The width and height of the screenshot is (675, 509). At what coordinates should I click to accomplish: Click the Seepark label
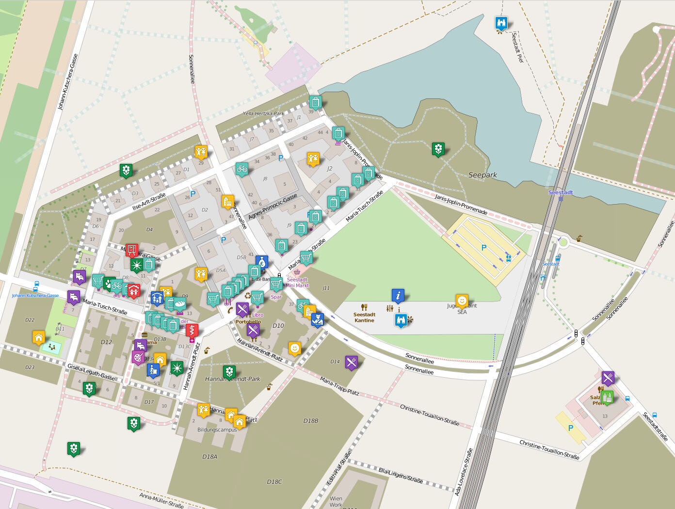point(482,175)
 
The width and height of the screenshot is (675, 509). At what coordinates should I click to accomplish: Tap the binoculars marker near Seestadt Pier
point(501,22)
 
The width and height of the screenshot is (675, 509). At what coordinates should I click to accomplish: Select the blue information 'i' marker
point(398,295)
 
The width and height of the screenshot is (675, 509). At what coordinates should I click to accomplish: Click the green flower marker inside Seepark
point(438,148)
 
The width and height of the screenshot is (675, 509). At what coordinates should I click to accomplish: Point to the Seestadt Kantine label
point(364,318)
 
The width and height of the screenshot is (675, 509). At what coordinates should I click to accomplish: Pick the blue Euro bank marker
point(262,262)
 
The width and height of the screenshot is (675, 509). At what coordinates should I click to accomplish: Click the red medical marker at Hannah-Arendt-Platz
point(192,330)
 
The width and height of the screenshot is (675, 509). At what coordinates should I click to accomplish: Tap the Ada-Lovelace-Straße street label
point(464,472)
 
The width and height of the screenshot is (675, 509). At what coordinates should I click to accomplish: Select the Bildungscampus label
point(217,429)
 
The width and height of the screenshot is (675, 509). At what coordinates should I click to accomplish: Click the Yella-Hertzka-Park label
point(263,113)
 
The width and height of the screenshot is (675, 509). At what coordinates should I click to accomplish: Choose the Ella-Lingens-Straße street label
point(401,475)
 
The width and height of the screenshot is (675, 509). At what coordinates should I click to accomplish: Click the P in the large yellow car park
point(483,248)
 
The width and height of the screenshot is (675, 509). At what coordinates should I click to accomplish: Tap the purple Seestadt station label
point(561,192)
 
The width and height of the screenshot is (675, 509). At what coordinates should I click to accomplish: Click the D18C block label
point(274,481)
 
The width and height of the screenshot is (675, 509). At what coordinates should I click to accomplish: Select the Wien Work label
point(336,501)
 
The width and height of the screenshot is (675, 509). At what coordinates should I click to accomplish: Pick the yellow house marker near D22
point(39,336)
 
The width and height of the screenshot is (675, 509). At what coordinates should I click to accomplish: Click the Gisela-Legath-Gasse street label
point(91,371)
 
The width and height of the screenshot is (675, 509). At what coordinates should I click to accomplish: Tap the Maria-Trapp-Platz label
point(339,386)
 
